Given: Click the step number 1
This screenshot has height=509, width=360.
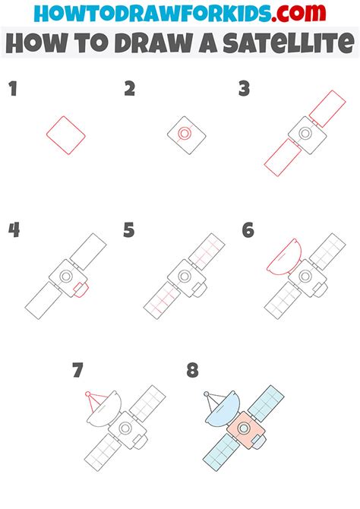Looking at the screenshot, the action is (x=13, y=89).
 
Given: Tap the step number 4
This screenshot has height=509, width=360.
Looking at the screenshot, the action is (x=14, y=230).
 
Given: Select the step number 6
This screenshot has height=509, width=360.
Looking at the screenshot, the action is (x=248, y=230).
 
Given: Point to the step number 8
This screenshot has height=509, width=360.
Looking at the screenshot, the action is (x=192, y=370).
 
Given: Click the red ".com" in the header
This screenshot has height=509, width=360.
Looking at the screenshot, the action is (x=298, y=13).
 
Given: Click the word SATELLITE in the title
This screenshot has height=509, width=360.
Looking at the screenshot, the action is (x=288, y=43).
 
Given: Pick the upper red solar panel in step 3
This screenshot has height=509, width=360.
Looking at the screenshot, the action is (x=327, y=109).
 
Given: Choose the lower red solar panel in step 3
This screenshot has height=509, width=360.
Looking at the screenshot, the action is (x=283, y=157).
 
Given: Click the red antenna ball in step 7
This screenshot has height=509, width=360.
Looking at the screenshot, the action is (x=87, y=394).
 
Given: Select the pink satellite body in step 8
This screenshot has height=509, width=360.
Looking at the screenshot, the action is (x=246, y=430).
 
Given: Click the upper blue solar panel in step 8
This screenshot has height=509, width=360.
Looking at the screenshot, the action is (x=266, y=403).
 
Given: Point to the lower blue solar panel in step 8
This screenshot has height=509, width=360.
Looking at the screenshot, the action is (x=221, y=452).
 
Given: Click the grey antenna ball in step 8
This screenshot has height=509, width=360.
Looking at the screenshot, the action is (x=207, y=394).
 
